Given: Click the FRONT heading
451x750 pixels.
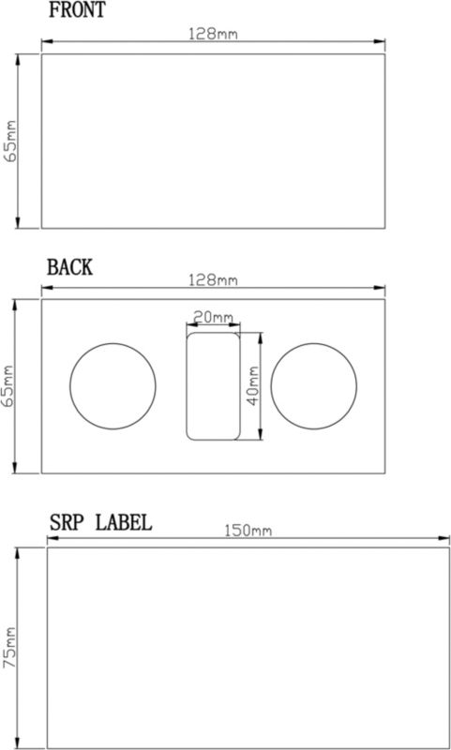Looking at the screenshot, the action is click(77, 9).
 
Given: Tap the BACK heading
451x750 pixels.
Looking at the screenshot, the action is click(69, 267).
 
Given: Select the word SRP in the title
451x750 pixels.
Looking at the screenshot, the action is click(68, 522).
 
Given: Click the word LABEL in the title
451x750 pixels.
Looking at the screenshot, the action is click(124, 522).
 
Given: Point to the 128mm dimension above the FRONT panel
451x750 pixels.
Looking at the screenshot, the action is click(213, 34).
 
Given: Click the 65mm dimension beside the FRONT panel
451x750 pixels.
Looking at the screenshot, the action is click(11, 142).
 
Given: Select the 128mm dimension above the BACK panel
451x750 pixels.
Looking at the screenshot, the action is click(213, 279).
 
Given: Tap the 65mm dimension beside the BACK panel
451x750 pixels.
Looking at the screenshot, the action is click(9, 386).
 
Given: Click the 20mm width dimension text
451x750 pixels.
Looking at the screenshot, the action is click(213, 317).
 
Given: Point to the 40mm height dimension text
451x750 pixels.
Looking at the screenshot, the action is click(253, 385).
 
